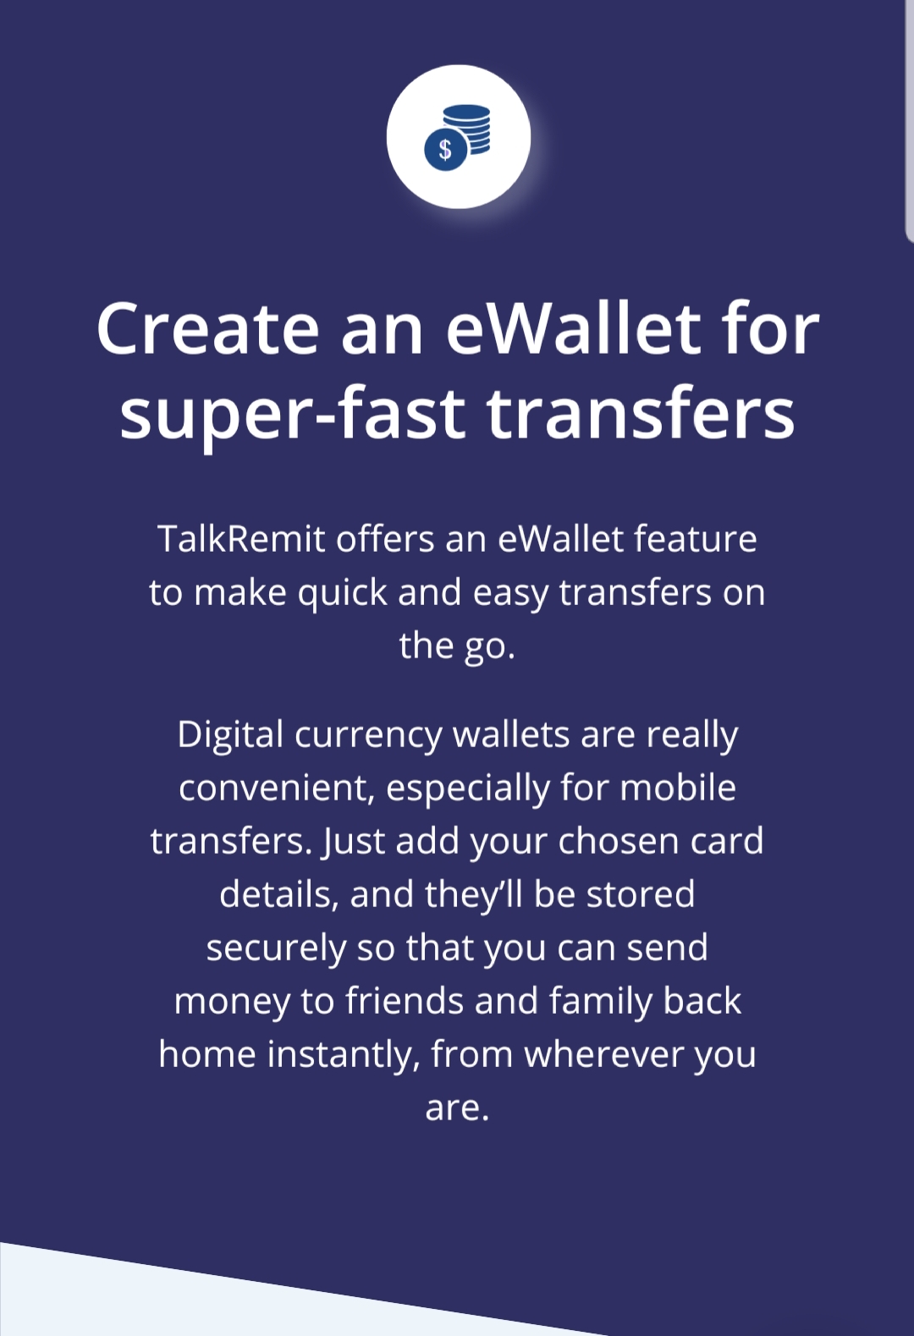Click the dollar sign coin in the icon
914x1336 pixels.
point(446,149)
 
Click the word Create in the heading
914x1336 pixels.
point(207,328)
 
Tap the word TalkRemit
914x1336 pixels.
point(242,539)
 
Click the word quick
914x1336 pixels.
point(343,593)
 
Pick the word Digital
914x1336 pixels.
point(229,735)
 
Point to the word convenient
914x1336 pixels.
point(277,788)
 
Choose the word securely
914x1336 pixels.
point(276,948)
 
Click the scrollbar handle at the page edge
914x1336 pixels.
point(909,119)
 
